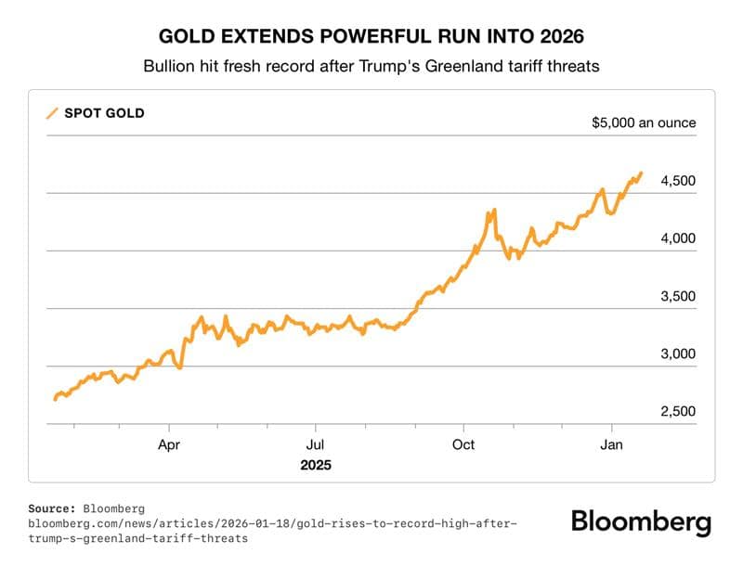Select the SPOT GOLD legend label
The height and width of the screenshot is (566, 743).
coord(104,113)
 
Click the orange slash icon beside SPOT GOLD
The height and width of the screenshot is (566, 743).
coord(52,114)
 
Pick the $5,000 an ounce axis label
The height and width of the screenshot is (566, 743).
coord(644,122)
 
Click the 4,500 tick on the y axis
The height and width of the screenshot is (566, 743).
coord(678,181)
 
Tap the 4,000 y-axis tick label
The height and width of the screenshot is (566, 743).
coord(678,238)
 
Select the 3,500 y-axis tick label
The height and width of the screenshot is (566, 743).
coord(678,297)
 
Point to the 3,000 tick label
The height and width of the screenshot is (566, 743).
coord(678,354)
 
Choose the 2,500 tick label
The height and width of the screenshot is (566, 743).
coord(678,412)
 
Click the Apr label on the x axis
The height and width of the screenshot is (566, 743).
coord(169,444)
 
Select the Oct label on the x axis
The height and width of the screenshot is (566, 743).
coord(463,444)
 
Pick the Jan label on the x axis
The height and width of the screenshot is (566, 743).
coord(611,444)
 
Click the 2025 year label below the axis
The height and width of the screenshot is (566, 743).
coord(316,464)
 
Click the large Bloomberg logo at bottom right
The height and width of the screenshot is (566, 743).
coord(641,521)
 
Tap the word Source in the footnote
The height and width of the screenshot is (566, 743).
coord(53,508)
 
